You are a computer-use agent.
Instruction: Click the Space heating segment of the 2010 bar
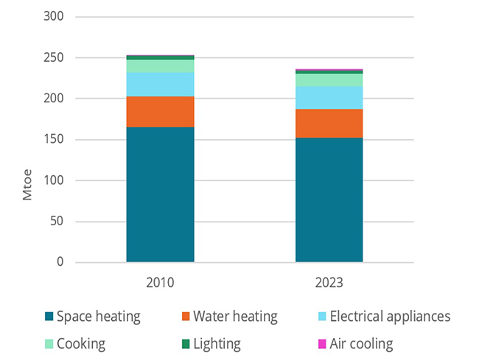coord(160,194)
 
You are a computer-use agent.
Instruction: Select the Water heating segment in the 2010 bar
coord(160,112)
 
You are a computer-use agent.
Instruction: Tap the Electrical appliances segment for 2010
coord(160,85)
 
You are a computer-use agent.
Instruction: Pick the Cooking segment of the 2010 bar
coord(160,66)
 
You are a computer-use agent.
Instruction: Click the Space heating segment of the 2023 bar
coord(329,200)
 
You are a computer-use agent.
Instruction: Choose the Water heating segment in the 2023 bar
coord(329,124)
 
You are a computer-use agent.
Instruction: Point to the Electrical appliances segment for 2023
coord(329,97)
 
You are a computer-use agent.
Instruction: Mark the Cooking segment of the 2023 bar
coord(329,80)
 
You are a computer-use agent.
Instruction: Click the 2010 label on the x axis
coord(160,282)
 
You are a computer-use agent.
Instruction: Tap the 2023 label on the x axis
coord(329,282)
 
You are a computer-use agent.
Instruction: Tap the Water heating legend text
coord(235,317)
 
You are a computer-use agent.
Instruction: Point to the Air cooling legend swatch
coord(320,344)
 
